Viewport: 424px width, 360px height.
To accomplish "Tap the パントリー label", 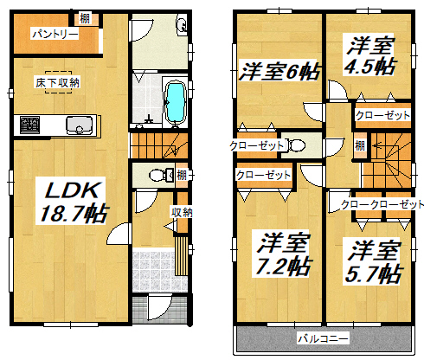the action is click(55, 35).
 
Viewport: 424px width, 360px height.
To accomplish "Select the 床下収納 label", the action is click(58, 82).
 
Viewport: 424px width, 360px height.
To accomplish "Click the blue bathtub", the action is click(175, 102).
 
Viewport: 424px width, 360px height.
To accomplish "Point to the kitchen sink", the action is click(80, 125).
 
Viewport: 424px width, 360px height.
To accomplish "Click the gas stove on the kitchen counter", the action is click(29, 125).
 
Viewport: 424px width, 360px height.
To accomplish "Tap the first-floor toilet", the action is click(160, 175).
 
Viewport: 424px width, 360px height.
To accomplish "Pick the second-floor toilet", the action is click(297, 145).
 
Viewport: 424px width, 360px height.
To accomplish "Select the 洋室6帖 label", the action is click(279, 71).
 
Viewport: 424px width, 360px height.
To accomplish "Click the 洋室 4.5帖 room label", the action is click(370, 56).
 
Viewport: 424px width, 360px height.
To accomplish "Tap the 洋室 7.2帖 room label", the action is click(282, 254).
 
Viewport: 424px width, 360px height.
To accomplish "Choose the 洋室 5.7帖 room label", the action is click(373, 261).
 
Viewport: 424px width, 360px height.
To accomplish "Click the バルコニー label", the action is click(323, 338).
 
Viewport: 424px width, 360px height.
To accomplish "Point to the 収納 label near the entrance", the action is click(182, 213).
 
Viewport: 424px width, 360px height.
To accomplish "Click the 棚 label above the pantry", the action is click(85, 18).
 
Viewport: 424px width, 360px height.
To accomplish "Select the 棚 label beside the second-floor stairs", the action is click(360, 145).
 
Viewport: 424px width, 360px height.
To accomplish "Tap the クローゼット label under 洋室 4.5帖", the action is click(382, 115).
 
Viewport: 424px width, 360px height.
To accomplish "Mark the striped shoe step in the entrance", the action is click(181, 256).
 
